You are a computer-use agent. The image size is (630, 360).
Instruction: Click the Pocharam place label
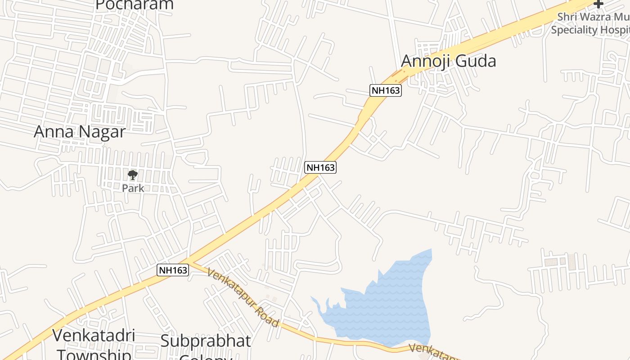pos(135,4)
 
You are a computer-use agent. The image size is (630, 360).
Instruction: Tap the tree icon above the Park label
pos(132,175)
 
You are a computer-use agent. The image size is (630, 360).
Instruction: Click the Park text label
pos(133,188)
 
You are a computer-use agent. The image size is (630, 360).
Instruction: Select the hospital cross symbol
pos(598,4)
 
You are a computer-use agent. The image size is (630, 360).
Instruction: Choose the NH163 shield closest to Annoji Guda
pos(386,90)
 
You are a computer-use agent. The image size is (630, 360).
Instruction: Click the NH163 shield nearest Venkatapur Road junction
pos(173,270)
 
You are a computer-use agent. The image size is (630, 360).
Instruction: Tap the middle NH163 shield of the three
pos(320,167)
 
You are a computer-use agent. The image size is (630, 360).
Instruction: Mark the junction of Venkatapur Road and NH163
pos(191,261)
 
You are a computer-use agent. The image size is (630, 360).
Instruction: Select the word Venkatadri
pos(94,336)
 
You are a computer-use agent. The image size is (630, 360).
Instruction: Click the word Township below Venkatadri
pos(94,354)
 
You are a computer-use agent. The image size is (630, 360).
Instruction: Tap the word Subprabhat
pos(206,341)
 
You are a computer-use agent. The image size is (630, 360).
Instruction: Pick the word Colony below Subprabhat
pos(206,357)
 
